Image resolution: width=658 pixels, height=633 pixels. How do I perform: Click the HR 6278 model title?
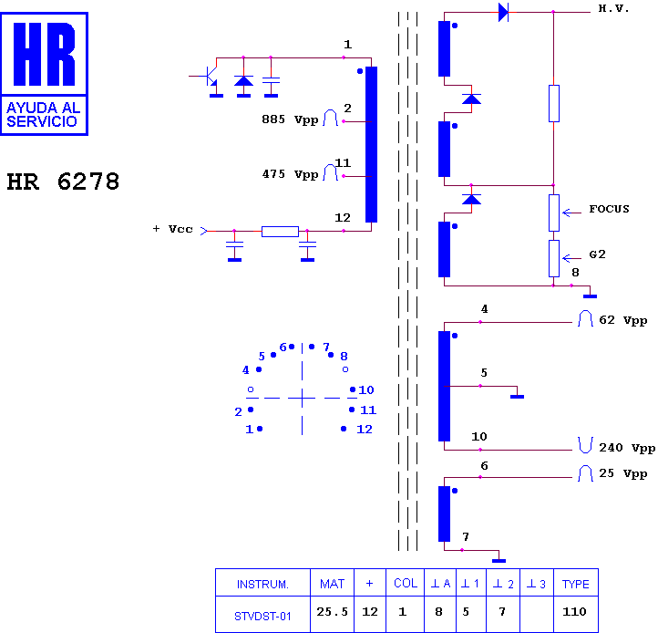(x=63, y=182)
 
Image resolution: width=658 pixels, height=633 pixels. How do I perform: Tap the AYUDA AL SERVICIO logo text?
(x=43, y=115)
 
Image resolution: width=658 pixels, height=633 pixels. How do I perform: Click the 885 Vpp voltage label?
(x=290, y=119)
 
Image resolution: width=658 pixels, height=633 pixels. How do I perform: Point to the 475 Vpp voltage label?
(x=290, y=174)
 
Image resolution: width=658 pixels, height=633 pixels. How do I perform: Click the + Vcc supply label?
(x=173, y=229)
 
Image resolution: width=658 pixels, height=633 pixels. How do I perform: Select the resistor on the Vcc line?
(x=280, y=232)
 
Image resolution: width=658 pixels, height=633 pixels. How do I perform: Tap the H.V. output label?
(x=613, y=8)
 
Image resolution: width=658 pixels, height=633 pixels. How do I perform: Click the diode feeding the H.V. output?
(x=503, y=12)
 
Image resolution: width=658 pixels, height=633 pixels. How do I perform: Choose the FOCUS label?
(x=609, y=209)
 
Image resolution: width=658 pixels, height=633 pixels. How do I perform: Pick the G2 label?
(x=597, y=254)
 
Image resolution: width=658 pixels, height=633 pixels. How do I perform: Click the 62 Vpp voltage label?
(x=622, y=320)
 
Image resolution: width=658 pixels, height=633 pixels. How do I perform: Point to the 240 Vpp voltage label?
(x=627, y=448)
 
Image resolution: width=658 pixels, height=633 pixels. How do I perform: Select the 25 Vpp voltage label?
(x=622, y=473)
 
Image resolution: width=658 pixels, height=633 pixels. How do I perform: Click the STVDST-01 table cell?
(x=262, y=617)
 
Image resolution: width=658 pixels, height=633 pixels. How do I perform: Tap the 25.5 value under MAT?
(x=332, y=612)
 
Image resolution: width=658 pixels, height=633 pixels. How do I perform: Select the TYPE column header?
(x=576, y=584)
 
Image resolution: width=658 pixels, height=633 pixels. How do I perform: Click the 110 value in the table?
(x=574, y=612)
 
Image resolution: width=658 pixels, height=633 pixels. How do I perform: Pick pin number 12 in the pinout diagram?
(x=365, y=430)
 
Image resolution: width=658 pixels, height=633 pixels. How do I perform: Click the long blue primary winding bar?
(x=372, y=144)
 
